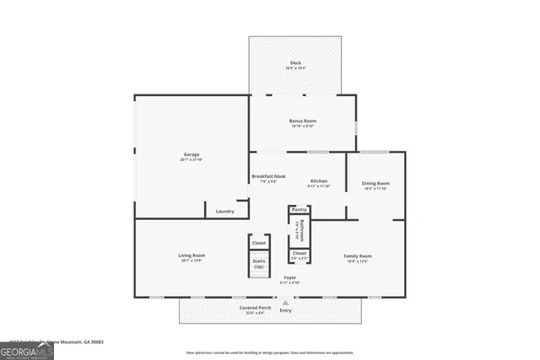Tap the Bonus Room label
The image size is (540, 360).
tap(302, 121)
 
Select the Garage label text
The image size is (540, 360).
tap(192, 154)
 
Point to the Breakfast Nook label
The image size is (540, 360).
tap(268, 176)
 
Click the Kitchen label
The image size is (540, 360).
tap(318, 180)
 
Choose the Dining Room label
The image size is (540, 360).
tap(375, 183)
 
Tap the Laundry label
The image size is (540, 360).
tap(224, 211)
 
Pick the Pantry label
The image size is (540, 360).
tap(299, 209)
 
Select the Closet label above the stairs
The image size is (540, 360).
tap(259, 243)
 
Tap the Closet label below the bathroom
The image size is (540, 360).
tap(299, 253)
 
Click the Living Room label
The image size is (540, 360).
tap(192, 255)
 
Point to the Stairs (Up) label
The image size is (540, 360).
tap(259, 264)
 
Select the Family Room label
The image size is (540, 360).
tap(357, 255)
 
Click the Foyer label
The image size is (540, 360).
tap(289, 277)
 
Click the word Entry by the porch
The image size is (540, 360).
tap(286, 309)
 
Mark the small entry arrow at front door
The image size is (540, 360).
tap(286, 301)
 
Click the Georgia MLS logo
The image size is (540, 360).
tap(26, 348)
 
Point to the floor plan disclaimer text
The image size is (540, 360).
tap(270, 353)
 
